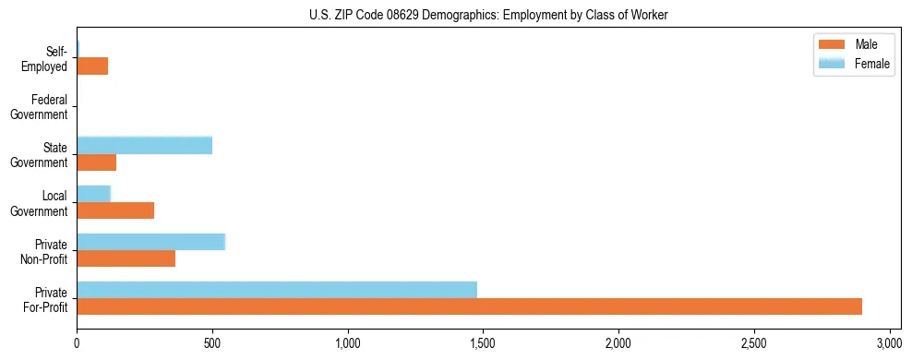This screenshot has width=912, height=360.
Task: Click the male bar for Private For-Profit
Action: point(469,306)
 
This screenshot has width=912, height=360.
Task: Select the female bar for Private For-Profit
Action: point(277,289)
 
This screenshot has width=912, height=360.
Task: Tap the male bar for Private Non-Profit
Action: point(126,258)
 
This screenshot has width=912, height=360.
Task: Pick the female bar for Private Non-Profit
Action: point(150,242)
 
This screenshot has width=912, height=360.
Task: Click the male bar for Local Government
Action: point(115,210)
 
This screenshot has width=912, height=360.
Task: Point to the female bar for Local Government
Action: point(93,194)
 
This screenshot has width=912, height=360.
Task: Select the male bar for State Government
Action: point(96,162)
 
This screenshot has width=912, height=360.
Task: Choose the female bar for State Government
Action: point(144,145)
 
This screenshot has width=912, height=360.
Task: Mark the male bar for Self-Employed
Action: point(92,66)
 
